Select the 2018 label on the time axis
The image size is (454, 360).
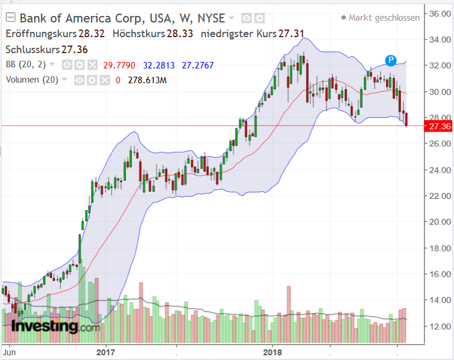pyautogui.click(x=272, y=352)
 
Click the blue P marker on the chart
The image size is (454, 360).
pyautogui.click(x=391, y=60)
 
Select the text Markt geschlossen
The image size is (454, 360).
pyautogui.click(x=384, y=18)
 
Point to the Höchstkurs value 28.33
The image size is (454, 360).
pyautogui.click(x=180, y=34)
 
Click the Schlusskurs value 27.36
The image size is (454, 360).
pyautogui.click(x=75, y=50)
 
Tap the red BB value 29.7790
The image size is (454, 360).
pyautogui.click(x=119, y=65)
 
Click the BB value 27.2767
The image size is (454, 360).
pyautogui.click(x=198, y=65)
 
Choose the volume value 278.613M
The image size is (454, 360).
pyautogui.click(x=147, y=80)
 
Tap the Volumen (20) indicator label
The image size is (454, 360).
pyautogui.click(x=31, y=80)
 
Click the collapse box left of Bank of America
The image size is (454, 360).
pyautogui.click(x=10, y=18)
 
